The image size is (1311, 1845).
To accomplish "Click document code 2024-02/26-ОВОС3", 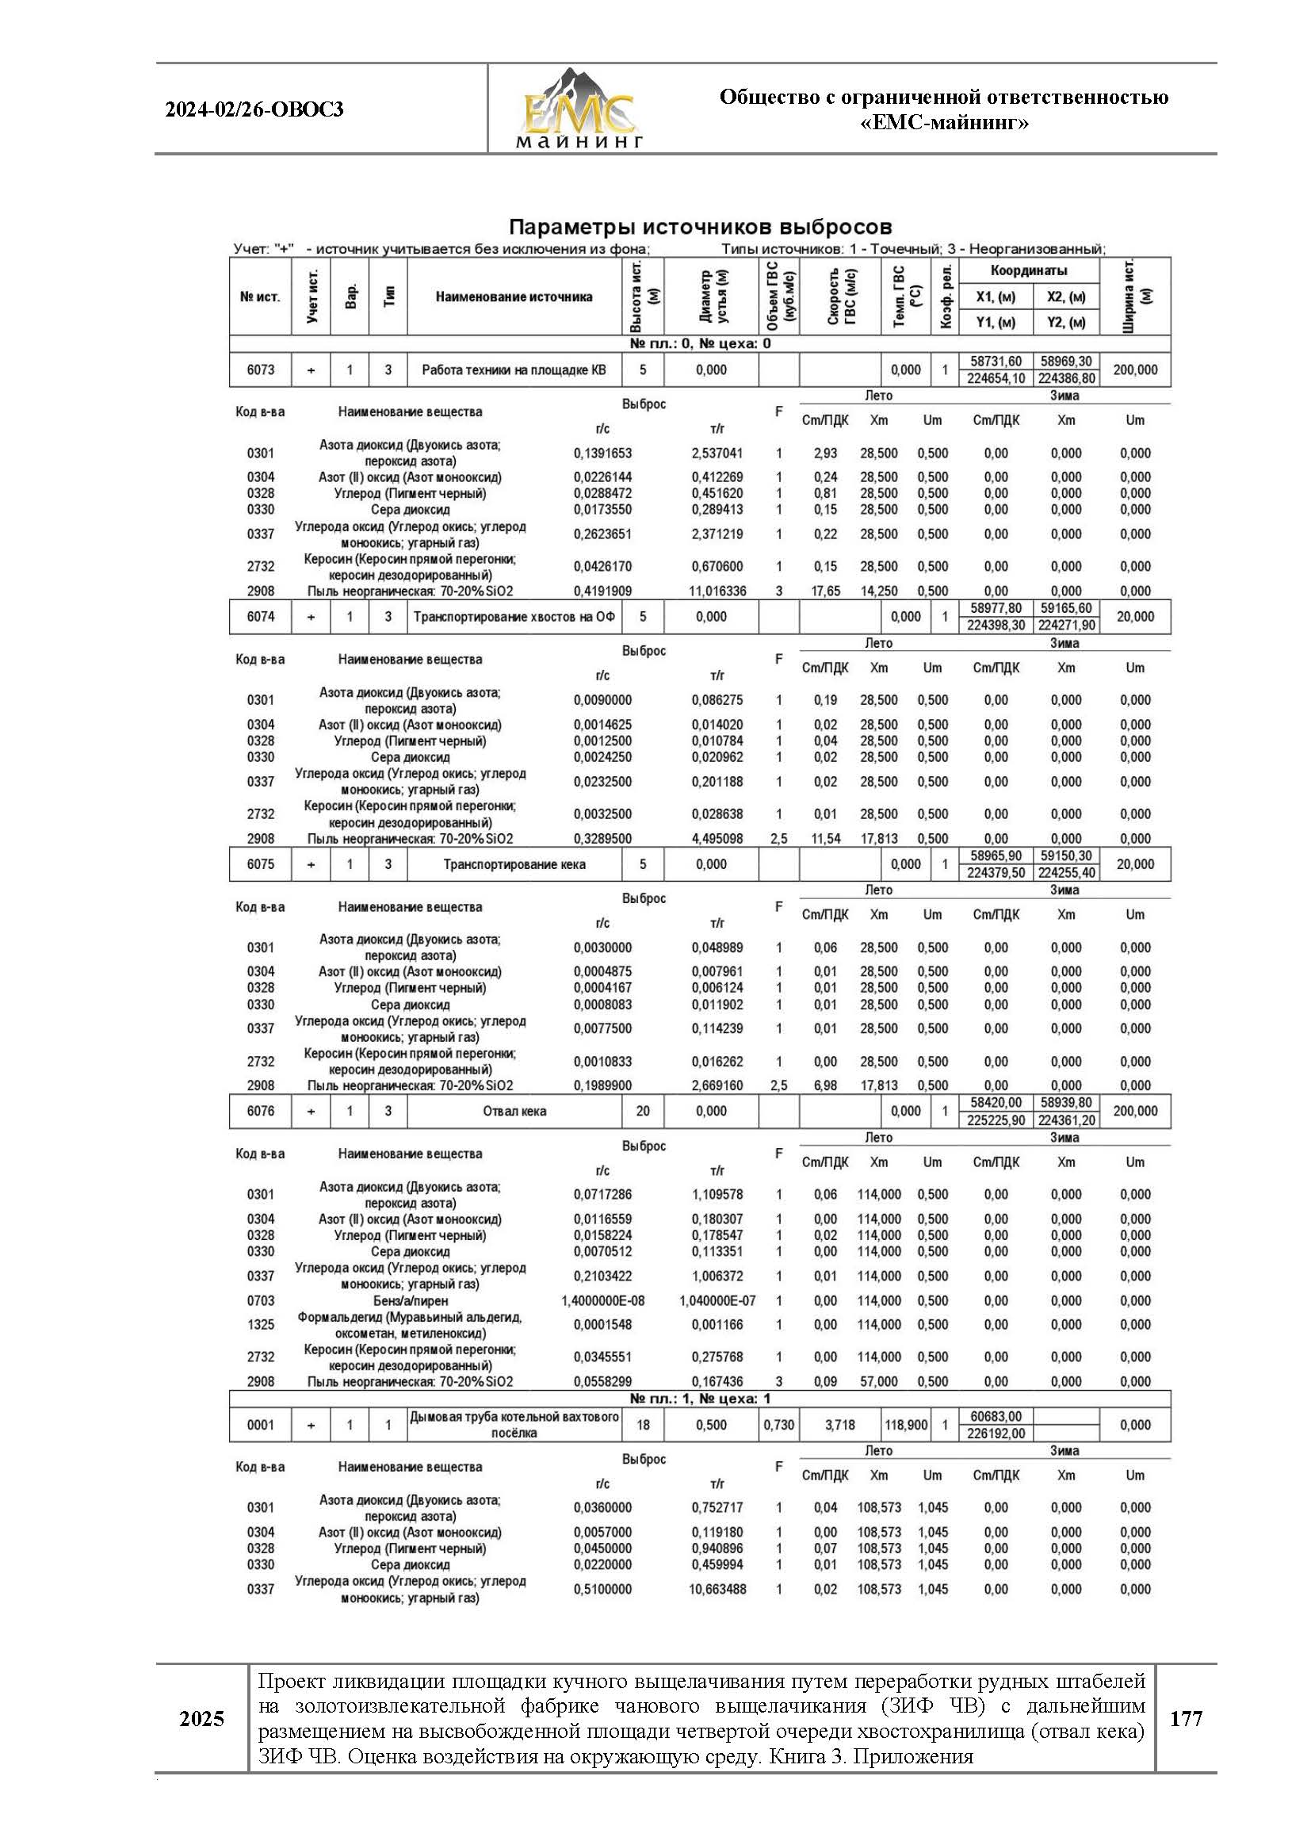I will coord(254,109).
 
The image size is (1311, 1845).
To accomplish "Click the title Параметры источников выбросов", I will coord(700,226).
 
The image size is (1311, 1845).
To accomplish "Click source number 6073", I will coord(260,369).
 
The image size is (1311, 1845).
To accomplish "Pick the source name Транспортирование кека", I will coord(514,864).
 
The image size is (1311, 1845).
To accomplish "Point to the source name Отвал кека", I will coord(514,1111).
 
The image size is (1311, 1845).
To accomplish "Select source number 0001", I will coord(260,1425).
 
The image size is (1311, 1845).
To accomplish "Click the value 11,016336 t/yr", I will coord(717,591).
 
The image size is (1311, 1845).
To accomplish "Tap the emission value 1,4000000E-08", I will coord(602,1301).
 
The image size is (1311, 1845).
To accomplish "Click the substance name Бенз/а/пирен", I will coord(410,1301).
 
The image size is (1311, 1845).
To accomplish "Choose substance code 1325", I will coord(260,1324).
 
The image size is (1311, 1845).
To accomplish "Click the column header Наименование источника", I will coord(514,297).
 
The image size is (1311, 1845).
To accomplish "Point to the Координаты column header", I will coord(1029,270).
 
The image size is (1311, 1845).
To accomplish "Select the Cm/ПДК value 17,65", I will coord(825,591).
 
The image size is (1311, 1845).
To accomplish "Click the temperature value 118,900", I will coord(905,1425).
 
